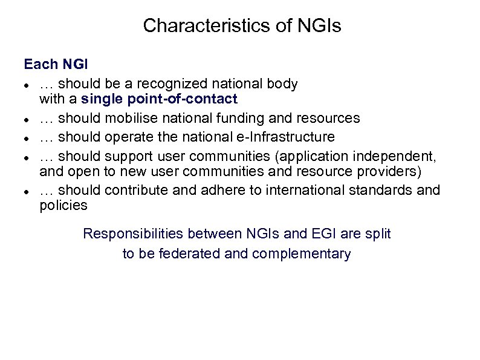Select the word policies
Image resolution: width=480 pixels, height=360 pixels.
(x=63, y=205)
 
